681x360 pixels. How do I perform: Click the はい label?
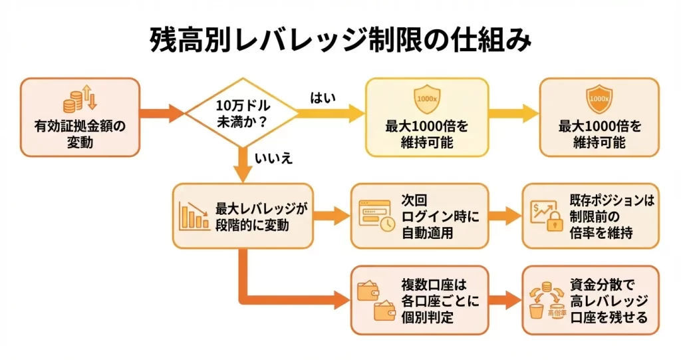point(324,98)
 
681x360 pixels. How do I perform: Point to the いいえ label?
point(273,159)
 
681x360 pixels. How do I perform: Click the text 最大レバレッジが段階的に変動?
point(261,216)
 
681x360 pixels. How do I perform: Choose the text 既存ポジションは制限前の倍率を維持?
point(613,216)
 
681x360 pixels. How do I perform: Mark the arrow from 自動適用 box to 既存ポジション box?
point(505,216)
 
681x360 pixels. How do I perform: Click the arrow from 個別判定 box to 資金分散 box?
point(505,300)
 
